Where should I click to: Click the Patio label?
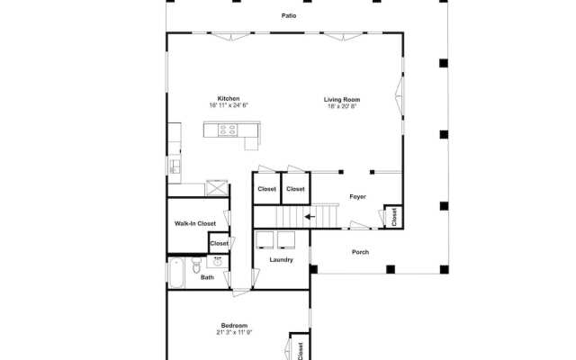click(289, 16)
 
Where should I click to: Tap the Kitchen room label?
click(229, 98)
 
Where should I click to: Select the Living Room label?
click(342, 100)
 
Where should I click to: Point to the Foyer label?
click(358, 197)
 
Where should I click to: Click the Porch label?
click(360, 252)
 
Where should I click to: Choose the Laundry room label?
click(282, 260)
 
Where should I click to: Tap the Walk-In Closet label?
click(195, 223)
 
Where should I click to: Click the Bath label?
click(207, 277)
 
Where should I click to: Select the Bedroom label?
click(234, 326)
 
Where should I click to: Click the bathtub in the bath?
click(176, 274)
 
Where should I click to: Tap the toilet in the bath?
click(196, 265)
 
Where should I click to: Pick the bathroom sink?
click(218, 262)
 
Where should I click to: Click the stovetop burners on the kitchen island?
click(228, 130)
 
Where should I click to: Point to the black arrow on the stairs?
click(310, 217)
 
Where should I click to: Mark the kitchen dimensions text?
click(229, 105)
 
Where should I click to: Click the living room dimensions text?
click(342, 106)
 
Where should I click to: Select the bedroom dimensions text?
click(234, 332)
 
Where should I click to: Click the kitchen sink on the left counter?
click(175, 166)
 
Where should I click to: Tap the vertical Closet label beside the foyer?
click(394, 217)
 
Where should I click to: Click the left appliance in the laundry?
click(265, 240)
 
